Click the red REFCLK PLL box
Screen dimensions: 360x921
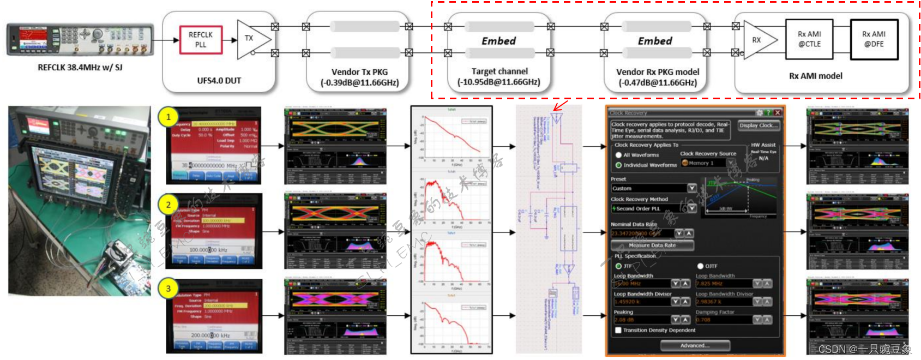[x=201, y=39]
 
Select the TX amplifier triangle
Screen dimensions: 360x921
[x=251, y=39]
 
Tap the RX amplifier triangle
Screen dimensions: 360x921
[x=759, y=40]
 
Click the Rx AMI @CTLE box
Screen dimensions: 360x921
[x=809, y=39]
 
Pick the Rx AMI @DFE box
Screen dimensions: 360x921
[x=874, y=39]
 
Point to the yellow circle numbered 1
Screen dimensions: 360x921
[x=168, y=117]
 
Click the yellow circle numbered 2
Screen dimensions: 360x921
[x=168, y=205]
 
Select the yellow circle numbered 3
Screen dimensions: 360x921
[x=168, y=289]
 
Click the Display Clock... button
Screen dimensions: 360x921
[x=759, y=125]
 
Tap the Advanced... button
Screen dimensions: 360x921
[x=695, y=345]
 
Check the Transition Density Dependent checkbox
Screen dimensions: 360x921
[x=618, y=330]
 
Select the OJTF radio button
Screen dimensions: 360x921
[x=700, y=266]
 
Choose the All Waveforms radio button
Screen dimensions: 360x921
[x=618, y=155]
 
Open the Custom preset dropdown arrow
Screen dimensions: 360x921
[x=691, y=188]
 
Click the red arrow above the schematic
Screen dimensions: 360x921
[x=560, y=105]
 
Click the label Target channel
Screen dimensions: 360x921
[x=499, y=71]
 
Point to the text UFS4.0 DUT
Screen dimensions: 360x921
[x=219, y=81]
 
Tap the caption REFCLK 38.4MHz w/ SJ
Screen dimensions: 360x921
[x=80, y=68]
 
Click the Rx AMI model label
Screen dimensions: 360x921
[x=815, y=76]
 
